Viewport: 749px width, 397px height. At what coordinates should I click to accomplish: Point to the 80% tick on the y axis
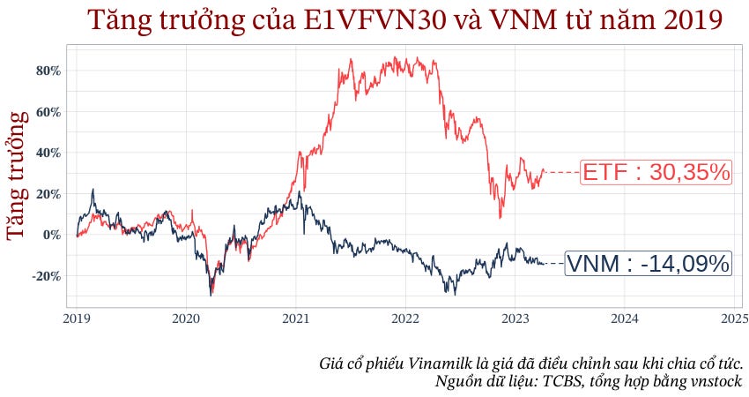pos(48,71)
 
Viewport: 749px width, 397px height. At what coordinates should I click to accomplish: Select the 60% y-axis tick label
pos(48,112)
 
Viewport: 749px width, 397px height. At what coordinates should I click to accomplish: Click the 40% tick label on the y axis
pos(48,153)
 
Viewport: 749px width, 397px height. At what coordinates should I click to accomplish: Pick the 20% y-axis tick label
pos(48,194)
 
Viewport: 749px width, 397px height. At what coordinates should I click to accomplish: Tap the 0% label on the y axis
pos(51,235)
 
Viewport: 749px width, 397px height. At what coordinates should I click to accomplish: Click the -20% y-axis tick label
pos(46,276)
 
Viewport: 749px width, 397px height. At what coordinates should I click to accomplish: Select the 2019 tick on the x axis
pos(76,318)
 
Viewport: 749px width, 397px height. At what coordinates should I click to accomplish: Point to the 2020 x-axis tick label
pos(186,318)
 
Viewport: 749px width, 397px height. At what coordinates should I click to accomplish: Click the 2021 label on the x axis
pos(295,318)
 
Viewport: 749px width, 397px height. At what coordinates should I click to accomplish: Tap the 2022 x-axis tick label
pos(405,318)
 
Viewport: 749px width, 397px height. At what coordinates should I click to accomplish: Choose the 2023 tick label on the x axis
pos(515,318)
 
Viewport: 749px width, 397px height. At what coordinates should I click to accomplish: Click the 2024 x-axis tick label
pos(625,318)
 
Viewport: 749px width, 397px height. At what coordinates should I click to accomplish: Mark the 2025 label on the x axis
pos(734,318)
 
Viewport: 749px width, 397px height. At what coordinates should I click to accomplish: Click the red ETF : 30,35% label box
pos(656,172)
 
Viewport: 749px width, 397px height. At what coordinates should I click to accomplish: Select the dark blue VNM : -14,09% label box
pos(648,263)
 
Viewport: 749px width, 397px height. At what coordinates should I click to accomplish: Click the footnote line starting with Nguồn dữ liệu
pos(589,381)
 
